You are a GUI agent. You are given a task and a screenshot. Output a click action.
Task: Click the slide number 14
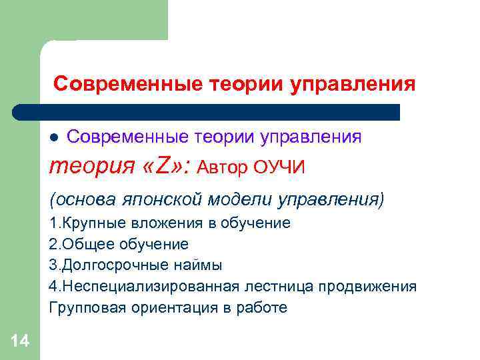[20, 342]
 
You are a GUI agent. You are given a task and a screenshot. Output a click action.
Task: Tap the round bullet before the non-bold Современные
[55, 138]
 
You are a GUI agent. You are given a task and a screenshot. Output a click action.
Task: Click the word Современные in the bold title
[128, 85]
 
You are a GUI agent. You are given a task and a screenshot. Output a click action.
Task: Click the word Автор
[223, 167]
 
